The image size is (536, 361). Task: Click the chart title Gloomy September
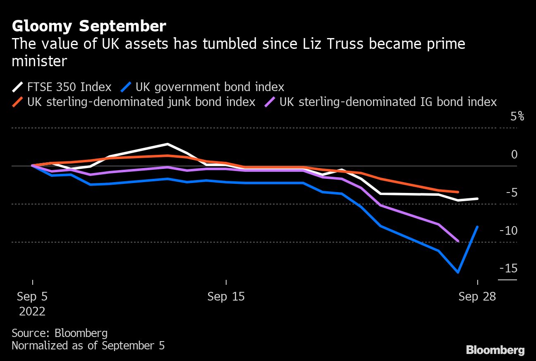89,26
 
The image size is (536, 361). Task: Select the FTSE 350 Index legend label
69,87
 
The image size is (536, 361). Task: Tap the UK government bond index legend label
210,87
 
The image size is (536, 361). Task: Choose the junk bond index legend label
141,102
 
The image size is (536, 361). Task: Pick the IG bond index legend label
388,102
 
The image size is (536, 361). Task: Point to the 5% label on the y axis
517,117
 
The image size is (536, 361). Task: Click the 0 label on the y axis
514,155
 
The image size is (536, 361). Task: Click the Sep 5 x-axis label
32,297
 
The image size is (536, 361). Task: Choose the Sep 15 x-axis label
226,297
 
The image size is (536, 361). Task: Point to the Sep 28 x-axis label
477,297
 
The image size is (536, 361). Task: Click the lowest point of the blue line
458,272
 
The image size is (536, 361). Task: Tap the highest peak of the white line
167,144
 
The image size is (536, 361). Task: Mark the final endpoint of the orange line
458,192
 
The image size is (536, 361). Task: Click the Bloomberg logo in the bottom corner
495,350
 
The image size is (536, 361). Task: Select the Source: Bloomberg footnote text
60,333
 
